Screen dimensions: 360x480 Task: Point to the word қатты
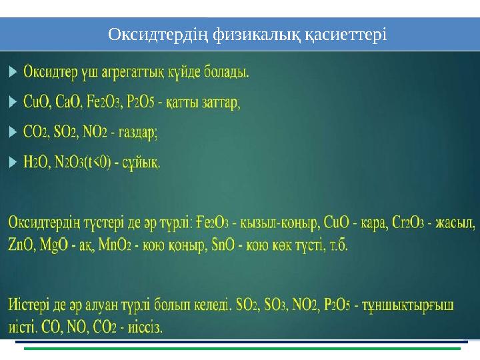point(185,103)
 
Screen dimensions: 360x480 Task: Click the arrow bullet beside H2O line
point(13,161)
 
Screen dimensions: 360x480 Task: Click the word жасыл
point(459,221)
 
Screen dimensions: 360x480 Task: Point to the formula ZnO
point(22,245)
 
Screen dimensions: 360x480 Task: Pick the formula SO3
point(273,307)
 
